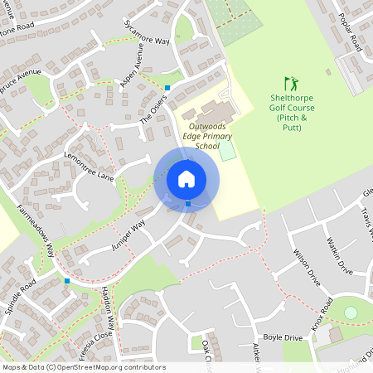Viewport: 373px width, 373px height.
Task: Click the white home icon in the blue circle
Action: [186, 179]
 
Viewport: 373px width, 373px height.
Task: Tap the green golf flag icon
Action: [290, 84]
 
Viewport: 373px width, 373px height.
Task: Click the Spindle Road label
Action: [17, 294]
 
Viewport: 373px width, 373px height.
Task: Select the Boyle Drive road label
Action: [282, 337]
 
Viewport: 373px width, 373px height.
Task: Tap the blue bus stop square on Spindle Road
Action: [67, 281]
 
